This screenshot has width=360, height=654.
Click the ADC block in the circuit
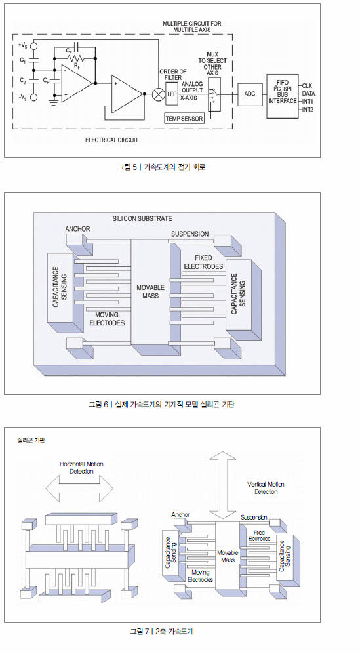pyautogui.click(x=249, y=94)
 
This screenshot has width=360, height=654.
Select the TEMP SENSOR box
pyautogui.click(x=184, y=119)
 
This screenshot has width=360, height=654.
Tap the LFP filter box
pyautogui.click(x=172, y=94)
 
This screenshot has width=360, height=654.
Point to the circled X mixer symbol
pyautogui.click(x=157, y=94)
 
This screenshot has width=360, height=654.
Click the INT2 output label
pyautogui.click(x=308, y=110)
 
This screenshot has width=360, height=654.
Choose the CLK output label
pyautogui.click(x=307, y=86)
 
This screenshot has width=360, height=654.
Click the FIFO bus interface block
pyautogui.click(x=283, y=96)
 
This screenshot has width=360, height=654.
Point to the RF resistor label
pyautogui.click(x=76, y=65)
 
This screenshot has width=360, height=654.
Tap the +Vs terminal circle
pyautogui.click(x=34, y=45)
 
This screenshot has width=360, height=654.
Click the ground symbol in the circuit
pyautogui.click(x=53, y=102)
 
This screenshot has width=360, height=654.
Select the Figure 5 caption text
pyautogui.click(x=161, y=167)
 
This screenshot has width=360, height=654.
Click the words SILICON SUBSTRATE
pyautogui.click(x=142, y=218)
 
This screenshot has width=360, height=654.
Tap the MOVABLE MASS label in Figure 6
pyautogui.click(x=151, y=291)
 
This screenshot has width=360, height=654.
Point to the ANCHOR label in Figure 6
pyautogui.click(x=77, y=229)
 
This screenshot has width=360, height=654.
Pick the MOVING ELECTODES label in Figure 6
pyautogui.click(x=107, y=319)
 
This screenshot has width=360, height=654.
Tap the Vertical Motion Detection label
pyautogui.click(x=266, y=488)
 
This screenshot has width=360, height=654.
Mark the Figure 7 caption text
pyautogui.click(x=162, y=632)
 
